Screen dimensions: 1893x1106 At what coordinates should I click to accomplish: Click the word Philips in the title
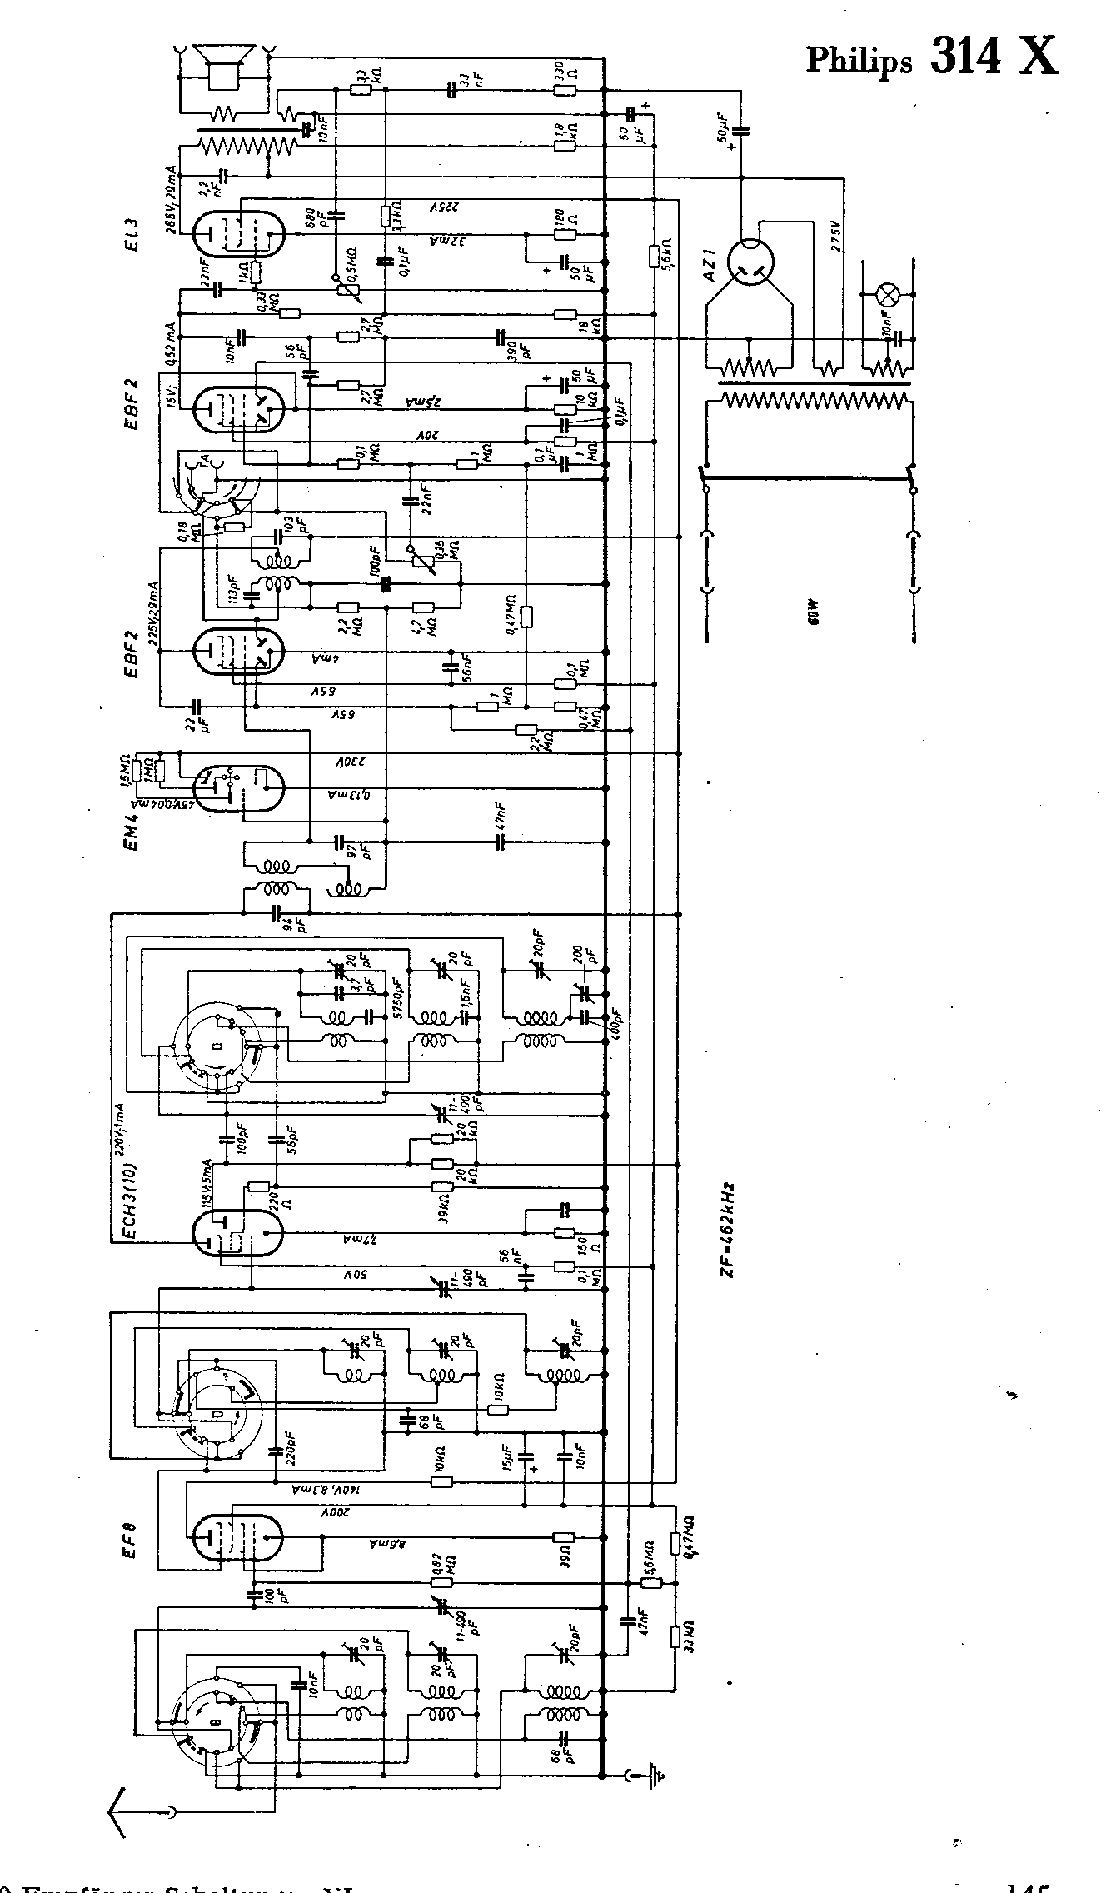click(858, 60)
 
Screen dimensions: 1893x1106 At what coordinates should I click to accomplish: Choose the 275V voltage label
click(837, 237)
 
